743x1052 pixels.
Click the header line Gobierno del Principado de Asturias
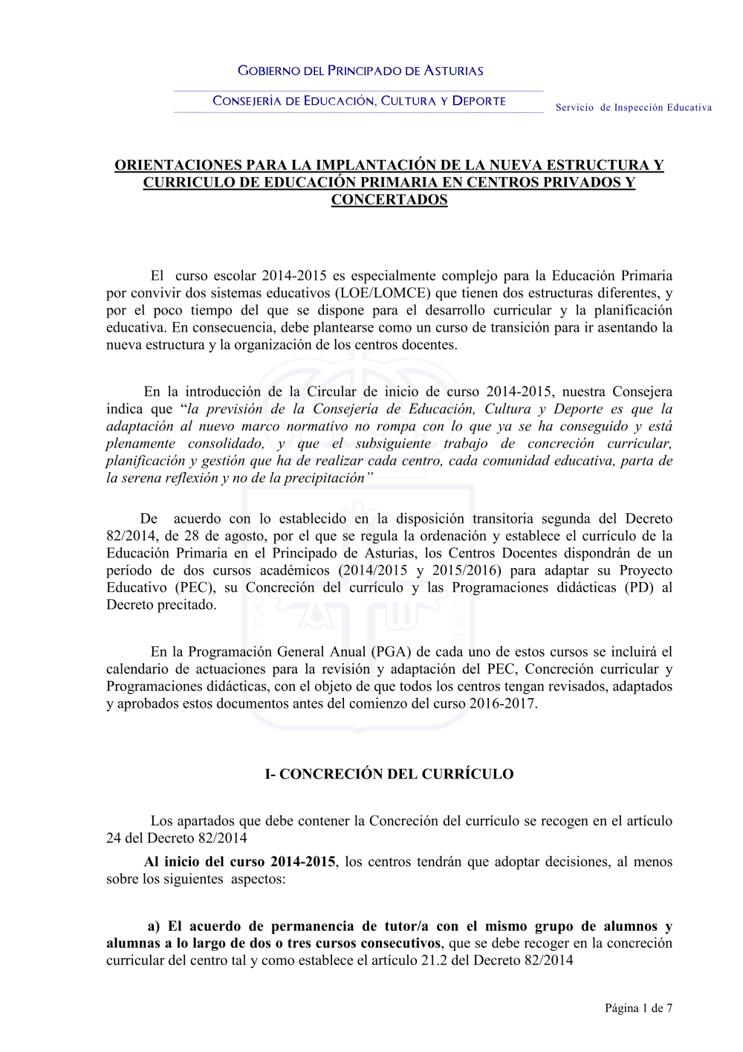[x=360, y=71]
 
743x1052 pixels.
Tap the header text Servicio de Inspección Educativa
[x=633, y=108]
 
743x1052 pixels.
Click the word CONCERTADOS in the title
[x=389, y=200]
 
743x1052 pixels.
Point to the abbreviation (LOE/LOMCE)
[x=383, y=293]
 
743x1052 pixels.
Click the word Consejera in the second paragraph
[x=643, y=392]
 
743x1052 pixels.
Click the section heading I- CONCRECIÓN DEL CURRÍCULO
[x=389, y=774]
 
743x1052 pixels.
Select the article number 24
[x=114, y=838]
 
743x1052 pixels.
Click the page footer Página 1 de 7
[x=638, y=1008]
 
